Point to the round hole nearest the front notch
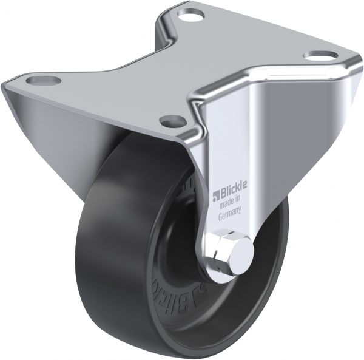(172, 118)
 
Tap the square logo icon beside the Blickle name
(215, 195)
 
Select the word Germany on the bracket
(231, 212)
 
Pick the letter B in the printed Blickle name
(222, 194)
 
